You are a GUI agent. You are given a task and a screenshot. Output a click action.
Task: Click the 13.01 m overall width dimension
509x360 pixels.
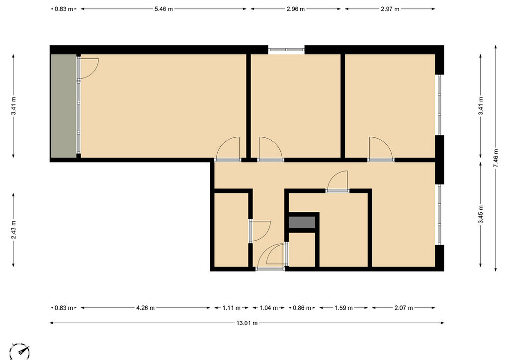247,323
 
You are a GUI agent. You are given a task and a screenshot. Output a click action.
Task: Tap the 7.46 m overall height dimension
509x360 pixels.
496,158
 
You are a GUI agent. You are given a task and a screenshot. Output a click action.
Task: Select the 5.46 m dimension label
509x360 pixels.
163,9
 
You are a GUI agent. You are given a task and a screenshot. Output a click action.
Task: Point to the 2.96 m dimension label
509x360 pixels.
295,9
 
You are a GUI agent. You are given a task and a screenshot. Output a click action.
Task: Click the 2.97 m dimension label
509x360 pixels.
390,9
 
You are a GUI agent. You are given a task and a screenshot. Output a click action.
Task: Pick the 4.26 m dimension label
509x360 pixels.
145,308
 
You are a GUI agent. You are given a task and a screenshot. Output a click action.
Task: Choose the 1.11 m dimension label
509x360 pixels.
232,308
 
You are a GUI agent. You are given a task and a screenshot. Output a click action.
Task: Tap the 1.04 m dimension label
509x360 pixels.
269,308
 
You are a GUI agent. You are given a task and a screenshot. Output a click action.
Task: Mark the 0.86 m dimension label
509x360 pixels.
302,308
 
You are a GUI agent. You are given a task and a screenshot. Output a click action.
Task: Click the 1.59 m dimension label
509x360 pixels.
343,308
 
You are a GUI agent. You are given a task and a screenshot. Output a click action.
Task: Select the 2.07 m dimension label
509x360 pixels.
404,308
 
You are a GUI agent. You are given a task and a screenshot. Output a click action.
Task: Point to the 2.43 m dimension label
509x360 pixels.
13,230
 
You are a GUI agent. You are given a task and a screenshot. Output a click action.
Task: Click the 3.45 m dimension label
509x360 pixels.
481,215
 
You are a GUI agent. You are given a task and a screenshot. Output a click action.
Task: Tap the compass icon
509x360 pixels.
20,351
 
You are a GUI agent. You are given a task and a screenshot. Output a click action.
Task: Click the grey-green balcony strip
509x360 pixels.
64,106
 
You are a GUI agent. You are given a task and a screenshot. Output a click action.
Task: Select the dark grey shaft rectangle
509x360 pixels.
302,222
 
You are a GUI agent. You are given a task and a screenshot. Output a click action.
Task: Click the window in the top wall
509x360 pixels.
286,50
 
